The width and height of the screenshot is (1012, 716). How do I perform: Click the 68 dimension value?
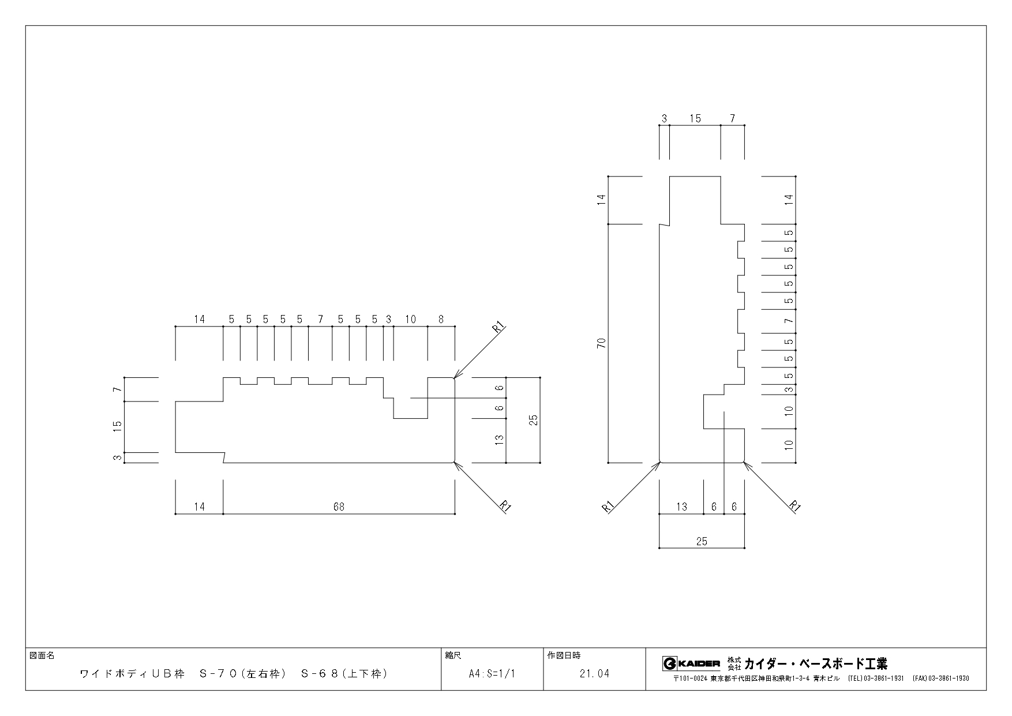click(x=339, y=507)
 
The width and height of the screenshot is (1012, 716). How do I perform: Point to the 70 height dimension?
click(x=602, y=343)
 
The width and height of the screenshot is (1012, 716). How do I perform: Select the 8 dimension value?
click(x=441, y=319)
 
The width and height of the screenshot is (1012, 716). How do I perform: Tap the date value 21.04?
click(x=595, y=673)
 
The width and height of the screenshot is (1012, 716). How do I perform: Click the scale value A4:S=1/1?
click(x=492, y=673)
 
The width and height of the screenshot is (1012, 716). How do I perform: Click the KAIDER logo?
click(x=691, y=663)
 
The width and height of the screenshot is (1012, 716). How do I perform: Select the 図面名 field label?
click(x=42, y=656)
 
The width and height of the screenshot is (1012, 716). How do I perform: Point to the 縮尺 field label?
click(x=453, y=656)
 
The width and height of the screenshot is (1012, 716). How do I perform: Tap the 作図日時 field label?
click(x=564, y=656)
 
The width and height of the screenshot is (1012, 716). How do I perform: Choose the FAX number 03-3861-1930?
click(x=949, y=678)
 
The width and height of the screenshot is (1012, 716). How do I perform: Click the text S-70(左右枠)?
click(x=243, y=673)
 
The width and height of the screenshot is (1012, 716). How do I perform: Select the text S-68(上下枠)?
click(x=344, y=673)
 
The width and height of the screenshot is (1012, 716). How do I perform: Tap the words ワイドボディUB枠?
click(x=132, y=673)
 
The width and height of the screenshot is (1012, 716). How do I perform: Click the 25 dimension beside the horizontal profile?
click(x=534, y=420)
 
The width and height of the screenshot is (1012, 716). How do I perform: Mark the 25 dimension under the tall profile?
click(x=702, y=541)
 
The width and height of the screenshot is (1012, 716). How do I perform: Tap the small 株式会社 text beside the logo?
click(x=733, y=663)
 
